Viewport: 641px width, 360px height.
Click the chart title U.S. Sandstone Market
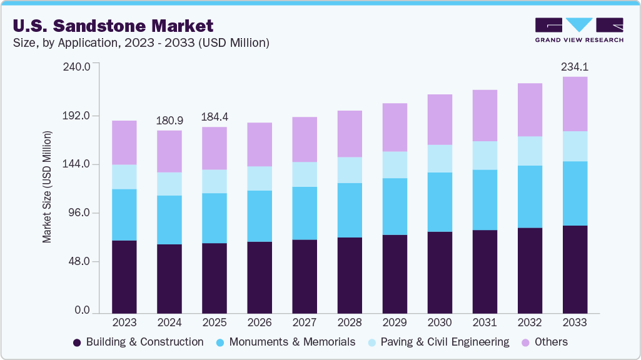(112, 26)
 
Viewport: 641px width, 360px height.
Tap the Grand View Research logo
(579, 30)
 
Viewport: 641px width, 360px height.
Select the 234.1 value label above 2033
(575, 67)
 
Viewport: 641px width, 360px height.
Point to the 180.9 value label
(169, 120)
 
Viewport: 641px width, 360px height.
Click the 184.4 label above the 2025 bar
(215, 117)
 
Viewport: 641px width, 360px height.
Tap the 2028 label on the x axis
(350, 322)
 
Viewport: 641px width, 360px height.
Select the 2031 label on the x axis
(485, 322)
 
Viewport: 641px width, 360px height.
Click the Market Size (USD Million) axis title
(47, 187)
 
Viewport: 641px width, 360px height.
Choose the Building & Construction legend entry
(138, 342)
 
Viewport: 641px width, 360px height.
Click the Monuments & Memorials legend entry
(286, 342)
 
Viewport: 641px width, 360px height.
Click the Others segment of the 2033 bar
(575, 104)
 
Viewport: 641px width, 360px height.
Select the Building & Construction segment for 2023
(124, 276)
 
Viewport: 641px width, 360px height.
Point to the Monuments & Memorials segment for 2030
(440, 202)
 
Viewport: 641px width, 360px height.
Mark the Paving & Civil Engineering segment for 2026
(260, 178)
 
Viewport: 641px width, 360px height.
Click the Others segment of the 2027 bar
(305, 139)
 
